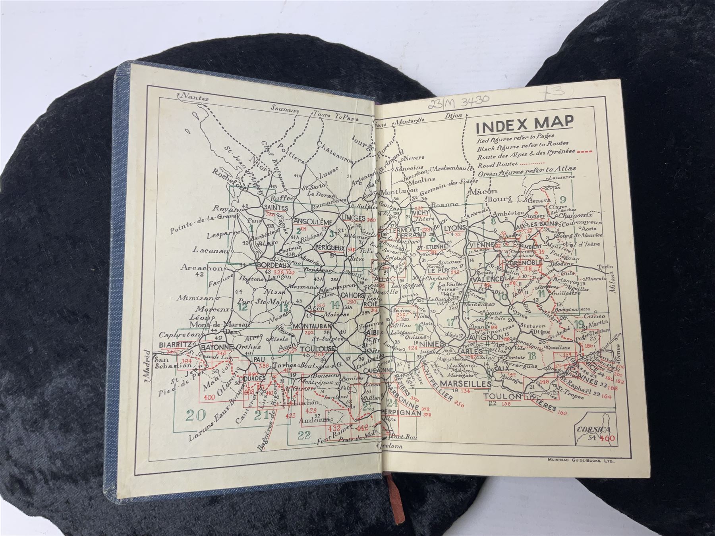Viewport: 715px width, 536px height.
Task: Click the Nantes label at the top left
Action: pos(195,96)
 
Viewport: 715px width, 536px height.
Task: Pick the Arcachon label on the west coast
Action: pos(197,268)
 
